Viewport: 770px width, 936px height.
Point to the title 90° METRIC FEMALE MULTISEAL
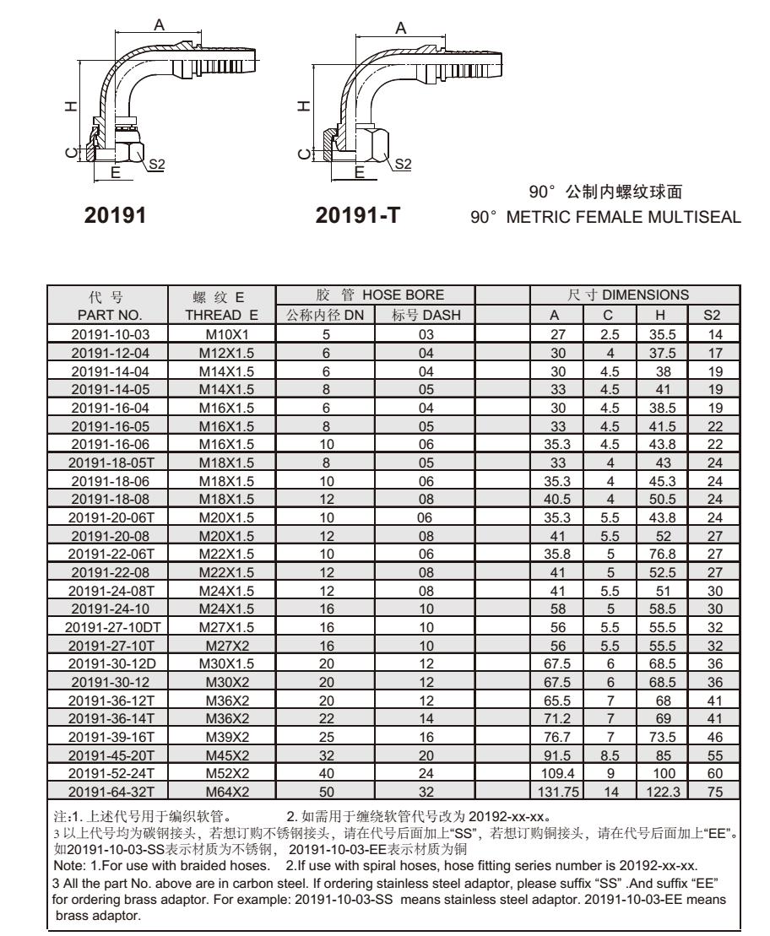coord(606,217)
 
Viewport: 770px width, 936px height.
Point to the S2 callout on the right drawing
coord(403,162)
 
